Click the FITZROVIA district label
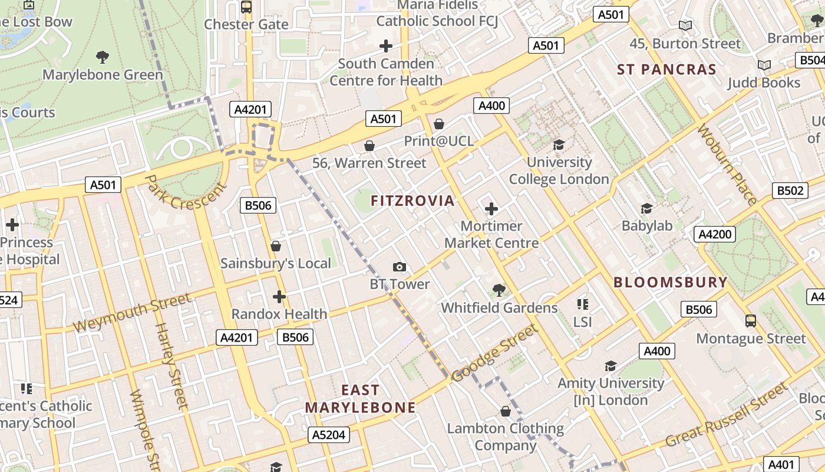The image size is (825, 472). click(x=412, y=201)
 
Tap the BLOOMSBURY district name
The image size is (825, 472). click(x=671, y=282)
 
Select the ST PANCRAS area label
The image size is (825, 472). click(x=666, y=70)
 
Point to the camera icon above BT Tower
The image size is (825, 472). click(x=400, y=267)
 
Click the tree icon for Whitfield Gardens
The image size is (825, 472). click(x=499, y=290)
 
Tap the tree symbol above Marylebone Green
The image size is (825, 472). click(x=103, y=57)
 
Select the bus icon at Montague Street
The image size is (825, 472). click(x=750, y=321)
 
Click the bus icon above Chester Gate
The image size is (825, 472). click(x=246, y=7)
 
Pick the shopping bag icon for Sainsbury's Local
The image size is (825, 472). click(x=275, y=246)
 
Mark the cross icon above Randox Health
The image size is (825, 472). click(x=279, y=297)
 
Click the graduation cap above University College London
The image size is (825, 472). click(x=559, y=145)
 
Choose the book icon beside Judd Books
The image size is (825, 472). click(x=764, y=65)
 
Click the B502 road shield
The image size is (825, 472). click(x=790, y=191)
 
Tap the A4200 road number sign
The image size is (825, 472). click(x=715, y=234)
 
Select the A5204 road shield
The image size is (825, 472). click(x=329, y=435)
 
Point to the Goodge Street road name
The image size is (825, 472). click(x=495, y=353)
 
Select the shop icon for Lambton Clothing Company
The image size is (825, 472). click(x=505, y=411)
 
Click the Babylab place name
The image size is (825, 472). click(x=647, y=226)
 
